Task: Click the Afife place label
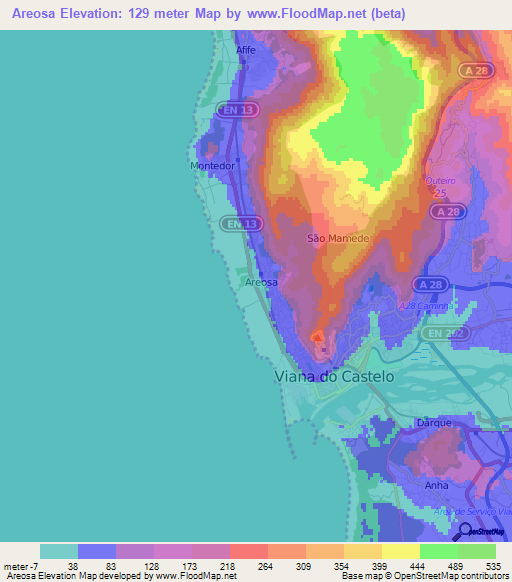[x=246, y=49]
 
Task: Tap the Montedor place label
[x=212, y=166]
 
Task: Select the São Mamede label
[x=338, y=240]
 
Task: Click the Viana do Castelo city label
[x=334, y=377]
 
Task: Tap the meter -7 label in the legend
[x=21, y=567]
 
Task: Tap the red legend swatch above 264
[x=248, y=551]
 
